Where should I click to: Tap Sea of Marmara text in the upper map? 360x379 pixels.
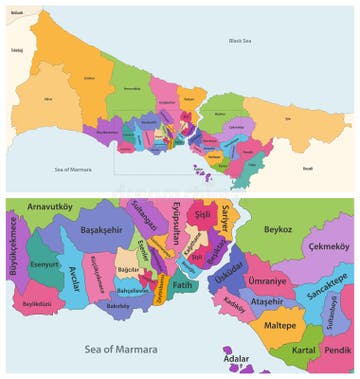[72, 169]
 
